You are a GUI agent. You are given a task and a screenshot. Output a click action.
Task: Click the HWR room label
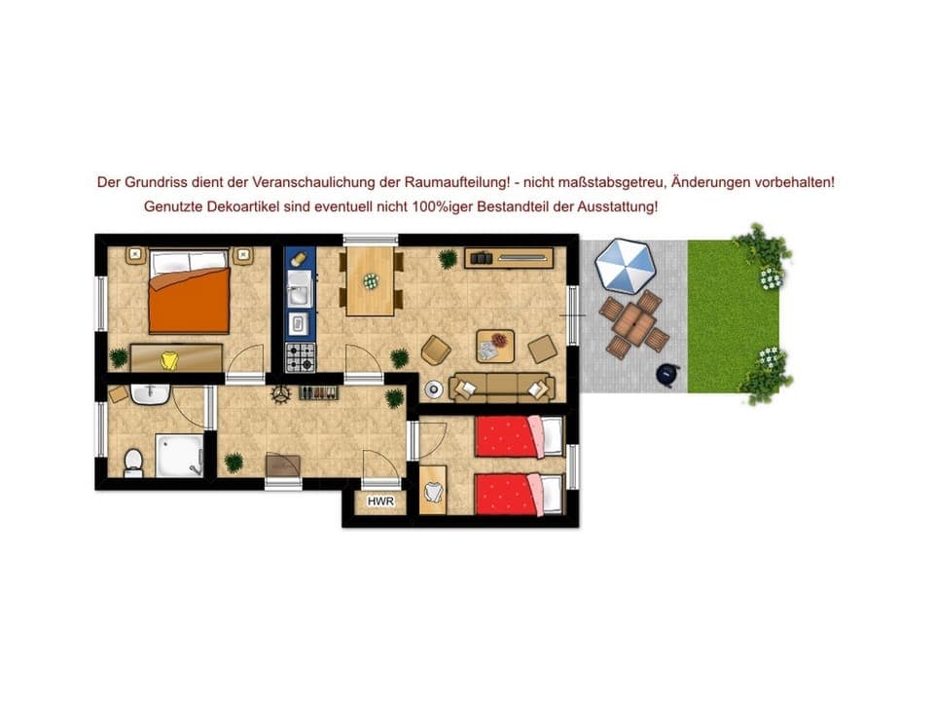click(x=380, y=502)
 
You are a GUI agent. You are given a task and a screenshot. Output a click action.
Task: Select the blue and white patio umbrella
click(x=626, y=265)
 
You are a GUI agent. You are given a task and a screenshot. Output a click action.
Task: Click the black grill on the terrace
click(x=667, y=375)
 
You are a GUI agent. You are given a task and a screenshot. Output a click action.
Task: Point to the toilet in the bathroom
click(x=134, y=461)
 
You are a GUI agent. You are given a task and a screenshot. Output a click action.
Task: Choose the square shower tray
click(x=177, y=455)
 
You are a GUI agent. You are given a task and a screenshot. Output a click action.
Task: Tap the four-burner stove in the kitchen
click(x=300, y=356)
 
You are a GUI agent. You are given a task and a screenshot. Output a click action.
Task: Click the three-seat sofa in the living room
click(x=500, y=387)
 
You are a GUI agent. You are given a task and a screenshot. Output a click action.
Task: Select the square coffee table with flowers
click(x=496, y=345)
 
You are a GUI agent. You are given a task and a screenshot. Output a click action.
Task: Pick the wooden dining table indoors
click(x=370, y=280)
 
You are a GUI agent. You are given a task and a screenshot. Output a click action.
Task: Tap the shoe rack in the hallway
click(x=317, y=393)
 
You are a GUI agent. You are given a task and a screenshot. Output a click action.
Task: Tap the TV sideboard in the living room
click(x=508, y=258)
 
